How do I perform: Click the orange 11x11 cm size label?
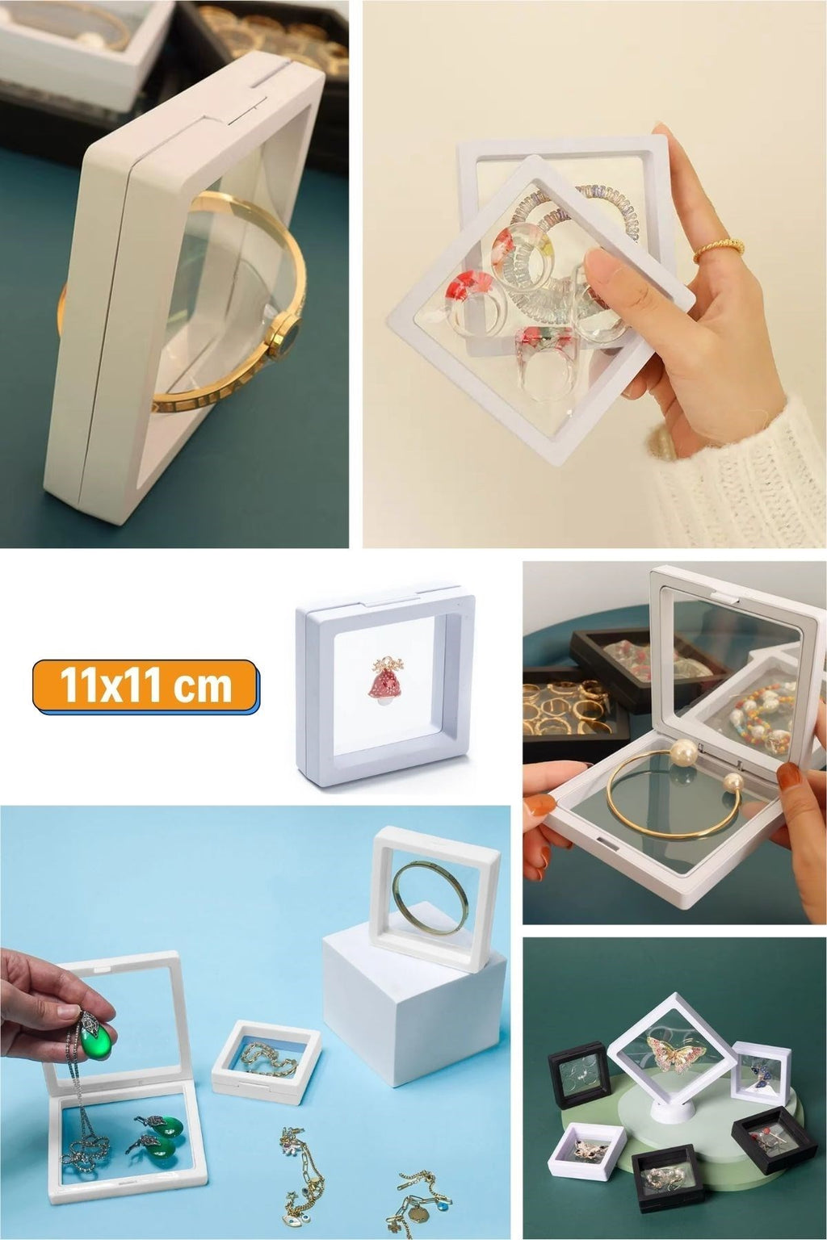click(145, 686)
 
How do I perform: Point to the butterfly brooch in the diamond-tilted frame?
click(675, 1053)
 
